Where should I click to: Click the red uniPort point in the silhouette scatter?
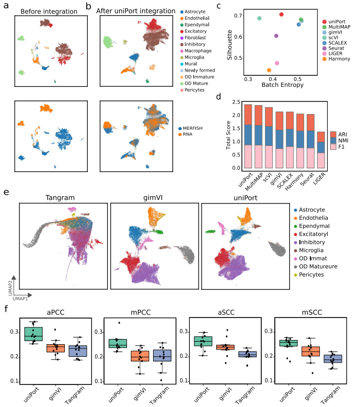[x=282, y=14]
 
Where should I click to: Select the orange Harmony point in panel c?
[x=269, y=70]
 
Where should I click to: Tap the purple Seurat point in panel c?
[x=276, y=36]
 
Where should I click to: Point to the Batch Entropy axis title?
[x=283, y=85]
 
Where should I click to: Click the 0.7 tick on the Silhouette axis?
[x=238, y=16]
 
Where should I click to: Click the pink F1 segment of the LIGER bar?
[x=321, y=161]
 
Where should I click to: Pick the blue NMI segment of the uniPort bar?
[x=248, y=135]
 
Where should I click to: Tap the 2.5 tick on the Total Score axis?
[x=236, y=102]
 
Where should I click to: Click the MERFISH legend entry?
[x=191, y=128]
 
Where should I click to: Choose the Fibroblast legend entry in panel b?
[x=193, y=38]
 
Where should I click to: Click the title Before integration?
[x=49, y=12]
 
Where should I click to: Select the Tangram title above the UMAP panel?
[x=60, y=198]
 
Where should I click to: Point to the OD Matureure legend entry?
[x=316, y=267]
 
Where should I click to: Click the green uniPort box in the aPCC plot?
[x=33, y=334]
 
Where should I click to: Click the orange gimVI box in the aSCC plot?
[x=225, y=347]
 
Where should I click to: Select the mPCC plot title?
[x=141, y=312]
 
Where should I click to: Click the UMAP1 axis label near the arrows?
[x=20, y=299]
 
